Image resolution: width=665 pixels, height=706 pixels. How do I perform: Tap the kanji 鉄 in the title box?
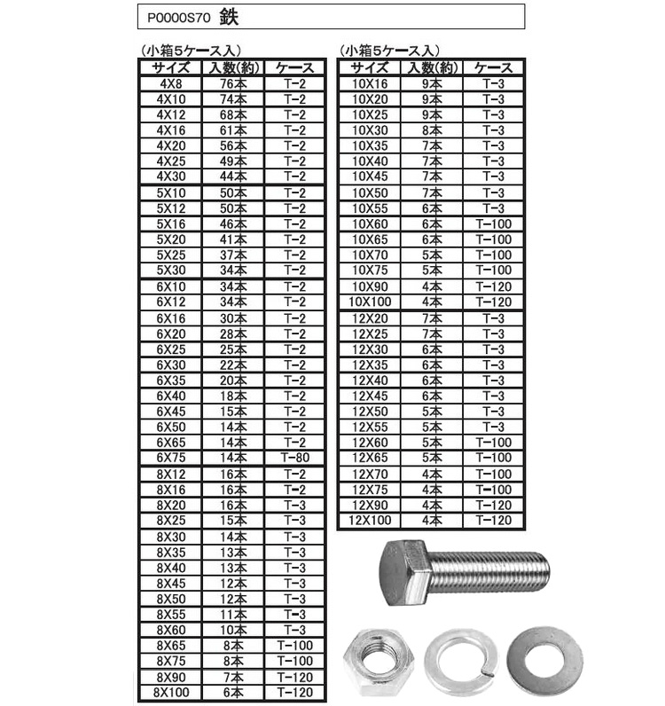(x=228, y=17)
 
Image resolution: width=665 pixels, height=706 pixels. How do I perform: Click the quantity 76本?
(x=233, y=83)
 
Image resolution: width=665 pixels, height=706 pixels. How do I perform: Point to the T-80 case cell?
(x=295, y=457)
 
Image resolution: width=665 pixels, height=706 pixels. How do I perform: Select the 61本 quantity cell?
(x=233, y=129)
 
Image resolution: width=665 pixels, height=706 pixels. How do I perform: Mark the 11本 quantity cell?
(x=233, y=613)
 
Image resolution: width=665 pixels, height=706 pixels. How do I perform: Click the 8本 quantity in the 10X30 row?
(x=432, y=129)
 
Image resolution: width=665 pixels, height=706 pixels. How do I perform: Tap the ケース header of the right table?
(x=494, y=67)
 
